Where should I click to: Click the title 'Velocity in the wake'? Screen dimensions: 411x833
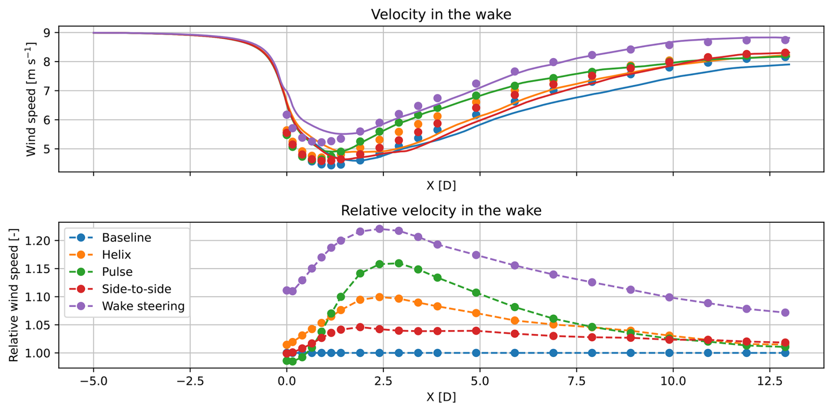click(x=441, y=15)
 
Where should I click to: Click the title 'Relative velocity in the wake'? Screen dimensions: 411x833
click(x=441, y=211)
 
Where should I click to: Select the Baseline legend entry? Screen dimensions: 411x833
click(x=126, y=238)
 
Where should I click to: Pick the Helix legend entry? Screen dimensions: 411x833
click(x=116, y=255)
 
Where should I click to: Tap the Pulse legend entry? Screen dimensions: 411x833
click(x=117, y=272)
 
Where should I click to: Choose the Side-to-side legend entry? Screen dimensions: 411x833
click(x=136, y=289)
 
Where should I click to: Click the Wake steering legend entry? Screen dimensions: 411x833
click(x=143, y=306)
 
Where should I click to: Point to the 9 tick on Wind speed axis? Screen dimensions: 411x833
click(x=47, y=33)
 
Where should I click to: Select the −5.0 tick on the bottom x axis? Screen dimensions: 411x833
click(x=93, y=381)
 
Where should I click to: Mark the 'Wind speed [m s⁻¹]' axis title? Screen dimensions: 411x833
click(x=31, y=99)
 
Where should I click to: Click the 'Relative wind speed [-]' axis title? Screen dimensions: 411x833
click(x=14, y=295)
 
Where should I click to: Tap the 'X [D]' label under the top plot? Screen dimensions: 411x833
click(x=441, y=186)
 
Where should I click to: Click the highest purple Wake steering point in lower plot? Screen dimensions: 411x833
click(x=380, y=229)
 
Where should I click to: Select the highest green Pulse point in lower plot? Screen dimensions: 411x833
click(x=399, y=263)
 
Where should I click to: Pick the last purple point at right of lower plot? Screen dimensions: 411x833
click(x=785, y=313)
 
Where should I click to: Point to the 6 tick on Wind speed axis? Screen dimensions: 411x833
click(x=47, y=120)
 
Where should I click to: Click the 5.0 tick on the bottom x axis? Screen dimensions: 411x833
click(x=479, y=381)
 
